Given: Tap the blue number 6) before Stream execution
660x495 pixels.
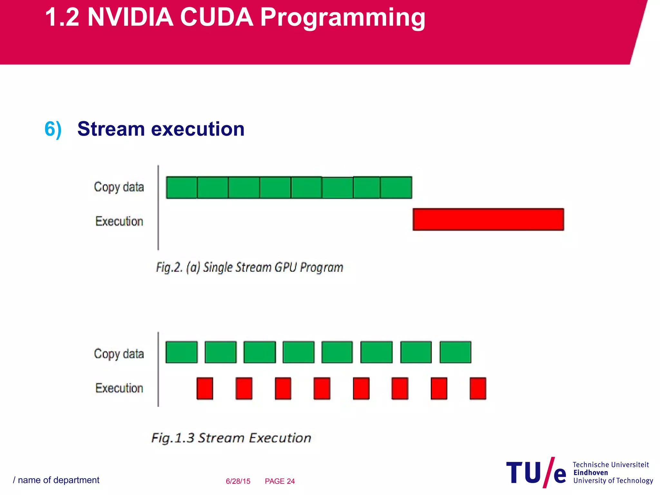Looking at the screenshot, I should pos(53,129).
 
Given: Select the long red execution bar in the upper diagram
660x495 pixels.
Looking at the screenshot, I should pos(488,219).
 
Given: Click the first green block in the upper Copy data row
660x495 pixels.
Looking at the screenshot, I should pos(181,188).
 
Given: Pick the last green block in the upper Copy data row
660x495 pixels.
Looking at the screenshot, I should pos(396,188).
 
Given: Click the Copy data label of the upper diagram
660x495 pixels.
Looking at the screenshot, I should pos(119,187).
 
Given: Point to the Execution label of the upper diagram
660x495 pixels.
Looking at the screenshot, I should pos(119,221).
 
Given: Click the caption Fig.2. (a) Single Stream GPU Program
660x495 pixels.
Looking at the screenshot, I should pos(250,267).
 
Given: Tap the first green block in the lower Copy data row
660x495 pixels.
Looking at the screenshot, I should pos(181,352).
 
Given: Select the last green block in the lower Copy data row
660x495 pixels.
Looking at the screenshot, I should pos(455,352).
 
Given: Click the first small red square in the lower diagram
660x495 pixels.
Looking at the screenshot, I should pos(205,388).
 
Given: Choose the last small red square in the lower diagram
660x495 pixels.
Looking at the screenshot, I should pos(478,388).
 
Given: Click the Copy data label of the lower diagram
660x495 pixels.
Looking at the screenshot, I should pos(119,354).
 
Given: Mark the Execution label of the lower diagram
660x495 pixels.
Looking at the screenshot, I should pos(119,388).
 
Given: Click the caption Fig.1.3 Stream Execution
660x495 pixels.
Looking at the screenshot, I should pos(231,438).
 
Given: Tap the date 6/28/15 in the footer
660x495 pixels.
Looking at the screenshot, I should pos(238,481).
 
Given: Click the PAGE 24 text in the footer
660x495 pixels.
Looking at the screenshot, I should pos(280,481).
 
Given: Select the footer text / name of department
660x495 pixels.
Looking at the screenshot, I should pos(56,480).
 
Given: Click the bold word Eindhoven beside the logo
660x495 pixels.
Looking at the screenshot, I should pos(591,472).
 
